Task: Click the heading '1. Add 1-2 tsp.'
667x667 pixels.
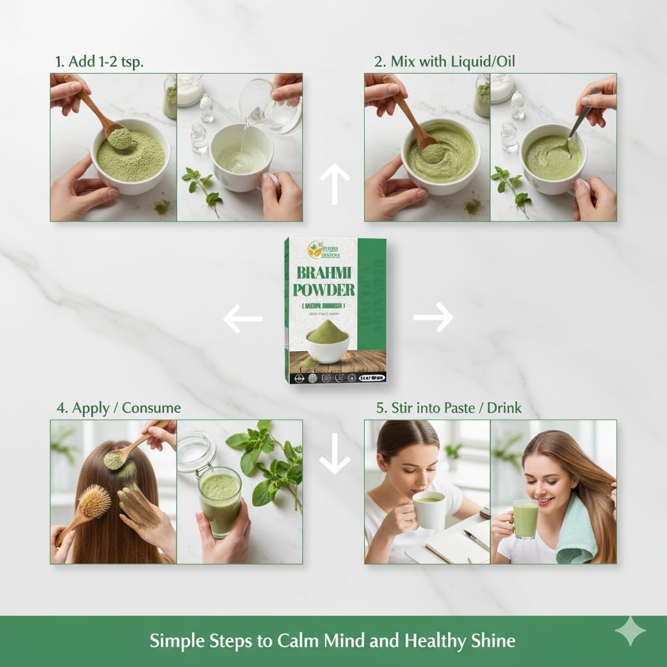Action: [x=98, y=63]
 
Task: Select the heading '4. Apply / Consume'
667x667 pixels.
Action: [x=118, y=408]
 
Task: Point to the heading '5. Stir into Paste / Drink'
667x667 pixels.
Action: [x=447, y=408]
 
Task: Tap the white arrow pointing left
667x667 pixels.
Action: [x=243, y=319]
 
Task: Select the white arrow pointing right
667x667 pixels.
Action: [x=433, y=319]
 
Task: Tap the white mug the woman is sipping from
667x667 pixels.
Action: [x=430, y=509]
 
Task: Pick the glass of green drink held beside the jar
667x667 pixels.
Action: [x=220, y=500]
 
